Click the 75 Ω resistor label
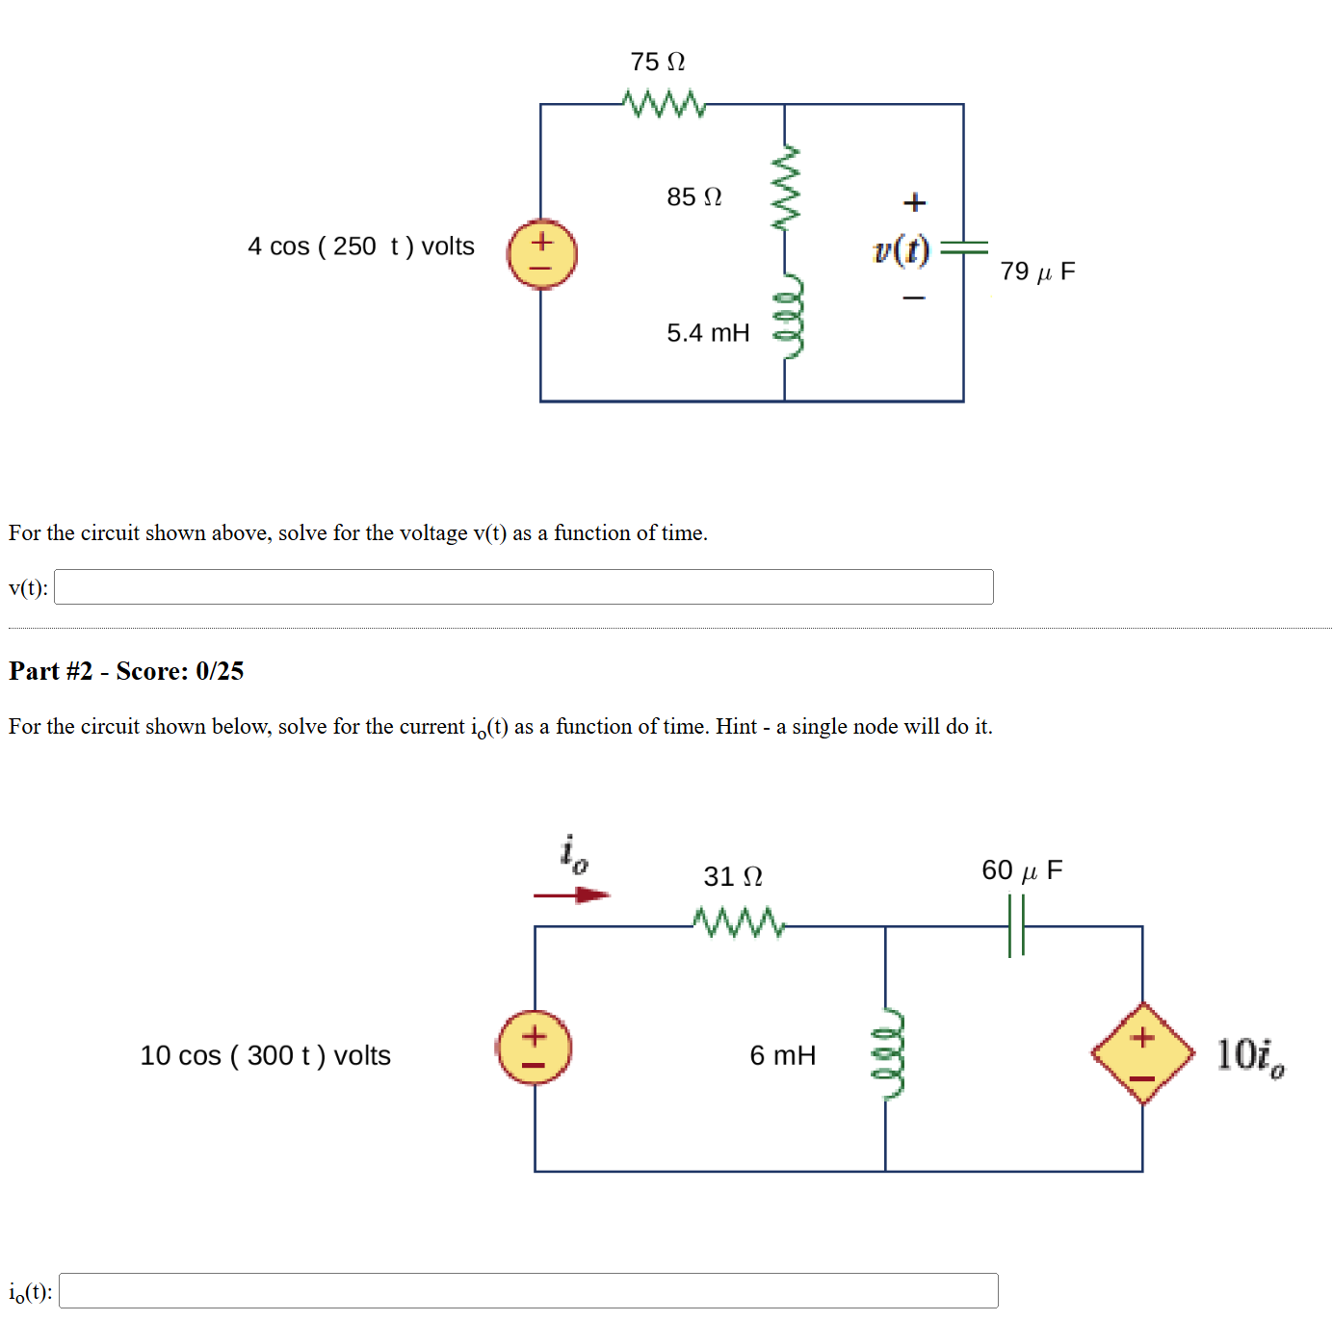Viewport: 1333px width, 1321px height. click(x=657, y=62)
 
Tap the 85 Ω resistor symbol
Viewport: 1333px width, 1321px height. click(x=785, y=189)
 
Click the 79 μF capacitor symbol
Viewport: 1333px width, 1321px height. click(x=963, y=247)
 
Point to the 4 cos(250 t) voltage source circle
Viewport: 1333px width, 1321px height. click(x=542, y=254)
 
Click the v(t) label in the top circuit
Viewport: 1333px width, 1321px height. click(x=902, y=249)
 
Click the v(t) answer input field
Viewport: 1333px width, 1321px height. click(x=523, y=586)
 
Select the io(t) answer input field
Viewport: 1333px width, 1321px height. click(x=528, y=1290)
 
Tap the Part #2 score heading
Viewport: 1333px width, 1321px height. click(x=126, y=671)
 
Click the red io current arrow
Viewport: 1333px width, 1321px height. click(x=572, y=895)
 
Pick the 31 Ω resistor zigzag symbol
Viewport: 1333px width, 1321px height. click(x=739, y=922)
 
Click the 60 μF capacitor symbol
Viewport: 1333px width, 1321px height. click(x=1015, y=925)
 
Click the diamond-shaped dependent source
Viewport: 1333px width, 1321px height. click(x=1142, y=1053)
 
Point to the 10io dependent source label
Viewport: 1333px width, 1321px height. click(x=1249, y=1056)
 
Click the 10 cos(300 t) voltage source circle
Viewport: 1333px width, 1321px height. click(x=534, y=1048)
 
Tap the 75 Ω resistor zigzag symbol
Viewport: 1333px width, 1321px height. click(x=664, y=103)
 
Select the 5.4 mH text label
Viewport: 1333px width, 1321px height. click(x=708, y=333)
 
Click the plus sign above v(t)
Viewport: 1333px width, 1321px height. click(x=914, y=202)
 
